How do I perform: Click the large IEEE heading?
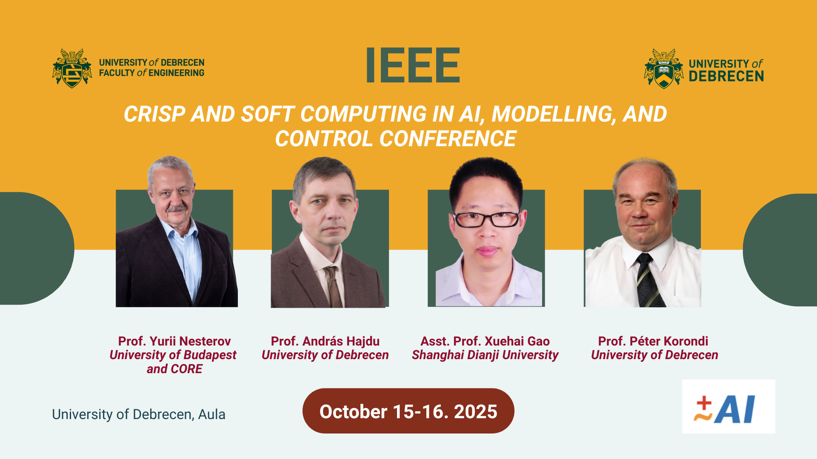pyautogui.click(x=413, y=65)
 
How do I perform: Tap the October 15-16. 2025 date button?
pyautogui.click(x=408, y=411)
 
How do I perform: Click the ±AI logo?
pyautogui.click(x=728, y=407)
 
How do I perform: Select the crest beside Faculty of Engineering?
pyautogui.click(x=72, y=68)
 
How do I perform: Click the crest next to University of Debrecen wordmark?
pyautogui.click(x=663, y=68)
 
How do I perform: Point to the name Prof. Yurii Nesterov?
pyautogui.click(x=174, y=341)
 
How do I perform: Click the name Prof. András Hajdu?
pyautogui.click(x=325, y=341)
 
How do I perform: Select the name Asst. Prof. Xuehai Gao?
pyautogui.click(x=485, y=341)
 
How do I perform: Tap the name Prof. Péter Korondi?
pyautogui.click(x=653, y=341)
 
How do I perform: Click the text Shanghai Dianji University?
pyautogui.click(x=485, y=355)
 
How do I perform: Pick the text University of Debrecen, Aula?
pyautogui.click(x=139, y=414)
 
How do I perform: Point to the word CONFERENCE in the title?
pyautogui.click(x=448, y=139)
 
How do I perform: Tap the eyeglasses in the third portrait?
pyautogui.click(x=487, y=219)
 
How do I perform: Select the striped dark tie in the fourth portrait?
pyautogui.click(x=649, y=280)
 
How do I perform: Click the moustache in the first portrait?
pyautogui.click(x=177, y=208)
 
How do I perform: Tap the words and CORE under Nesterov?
pyautogui.click(x=174, y=369)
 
